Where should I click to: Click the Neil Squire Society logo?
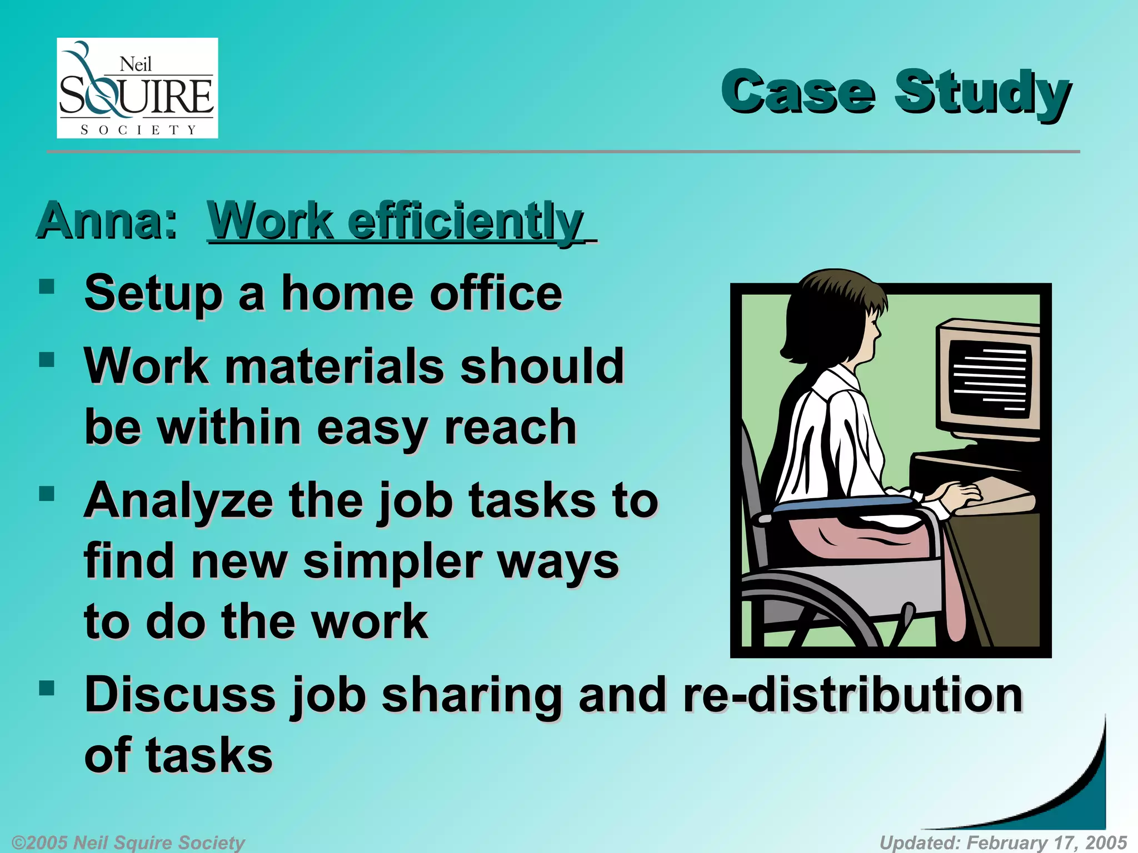pyautogui.click(x=137, y=88)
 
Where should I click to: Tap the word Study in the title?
pyautogui.click(x=982, y=93)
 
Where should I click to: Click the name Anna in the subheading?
pyautogui.click(x=107, y=221)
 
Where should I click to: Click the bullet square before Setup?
pyautogui.click(x=47, y=287)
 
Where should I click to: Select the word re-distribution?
pyautogui.click(x=852, y=695)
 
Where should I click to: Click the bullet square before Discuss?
pyautogui.click(x=47, y=689)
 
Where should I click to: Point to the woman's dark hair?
pyautogui.click(x=822, y=317)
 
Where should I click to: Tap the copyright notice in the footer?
pyautogui.click(x=128, y=842)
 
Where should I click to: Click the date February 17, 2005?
pyautogui.click(x=1047, y=842)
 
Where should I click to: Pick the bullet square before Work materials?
pyautogui.click(x=47, y=360)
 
